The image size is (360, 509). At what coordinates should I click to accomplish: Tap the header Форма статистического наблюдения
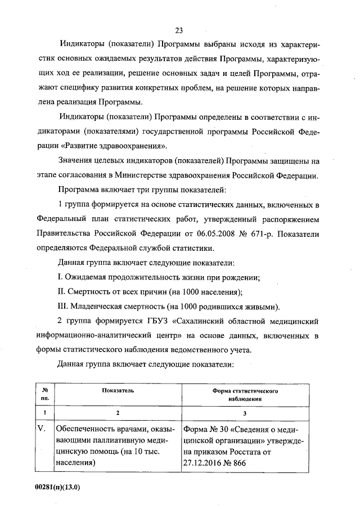[x=245, y=394]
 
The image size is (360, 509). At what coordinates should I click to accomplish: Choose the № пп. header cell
[x=44, y=394]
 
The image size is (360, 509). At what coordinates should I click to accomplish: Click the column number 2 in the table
[x=118, y=413]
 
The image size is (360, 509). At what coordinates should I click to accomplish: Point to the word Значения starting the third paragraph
[x=79, y=160]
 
